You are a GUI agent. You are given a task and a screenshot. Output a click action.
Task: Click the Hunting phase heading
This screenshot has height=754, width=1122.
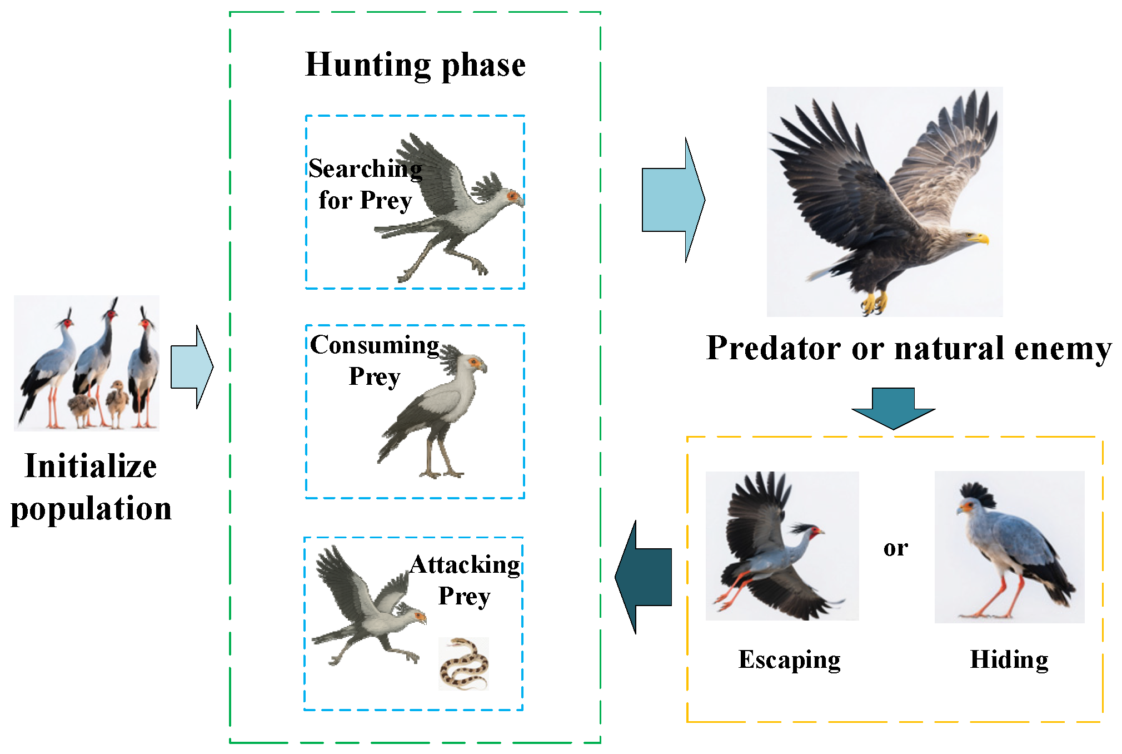[415, 65]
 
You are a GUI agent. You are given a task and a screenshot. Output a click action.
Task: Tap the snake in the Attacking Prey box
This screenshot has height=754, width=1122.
[463, 663]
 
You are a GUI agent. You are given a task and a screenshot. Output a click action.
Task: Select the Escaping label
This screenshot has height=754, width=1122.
[789, 659]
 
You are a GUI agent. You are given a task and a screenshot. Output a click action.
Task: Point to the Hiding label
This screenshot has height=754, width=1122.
[1009, 659]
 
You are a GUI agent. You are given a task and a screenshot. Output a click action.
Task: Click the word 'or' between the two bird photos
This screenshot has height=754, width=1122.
[895, 548]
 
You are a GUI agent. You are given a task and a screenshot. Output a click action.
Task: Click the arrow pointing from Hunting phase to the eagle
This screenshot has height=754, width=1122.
[673, 200]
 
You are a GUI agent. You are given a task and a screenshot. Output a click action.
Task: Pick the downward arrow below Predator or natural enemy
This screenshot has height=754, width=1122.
[893, 408]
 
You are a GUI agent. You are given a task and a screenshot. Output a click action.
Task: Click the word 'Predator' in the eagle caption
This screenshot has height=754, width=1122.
[774, 349]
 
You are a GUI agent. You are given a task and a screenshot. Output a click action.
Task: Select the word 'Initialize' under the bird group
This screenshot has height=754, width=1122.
[91, 466]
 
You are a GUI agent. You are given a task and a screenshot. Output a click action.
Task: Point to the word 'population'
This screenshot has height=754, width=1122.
[91, 508]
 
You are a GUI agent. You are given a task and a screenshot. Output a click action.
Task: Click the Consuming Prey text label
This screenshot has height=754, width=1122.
[375, 360]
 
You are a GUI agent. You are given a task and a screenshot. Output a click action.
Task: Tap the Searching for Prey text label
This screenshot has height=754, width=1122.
[365, 184]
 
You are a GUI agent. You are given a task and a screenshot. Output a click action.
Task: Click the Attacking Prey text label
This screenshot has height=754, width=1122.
[465, 579]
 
